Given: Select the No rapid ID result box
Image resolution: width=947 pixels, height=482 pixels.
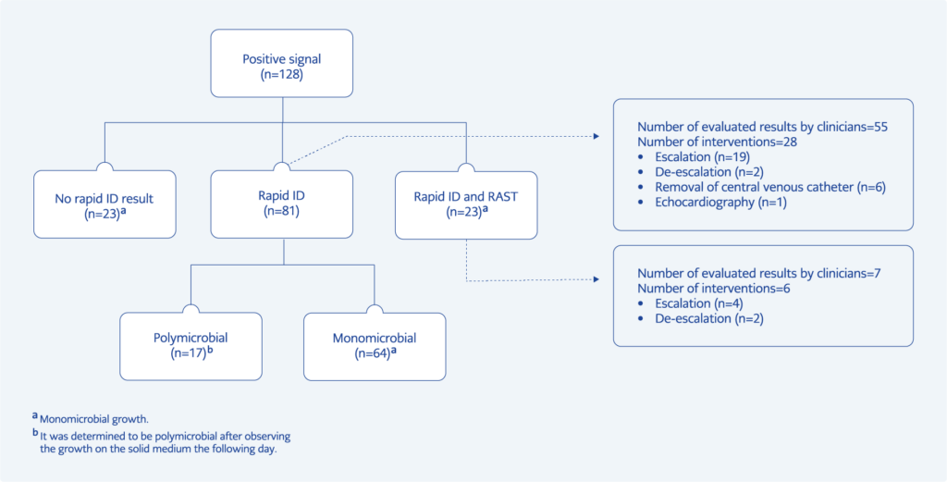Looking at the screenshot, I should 105,204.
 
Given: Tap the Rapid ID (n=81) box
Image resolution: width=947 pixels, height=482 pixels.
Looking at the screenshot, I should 283,204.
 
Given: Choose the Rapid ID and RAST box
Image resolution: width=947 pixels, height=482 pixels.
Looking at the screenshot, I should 465,204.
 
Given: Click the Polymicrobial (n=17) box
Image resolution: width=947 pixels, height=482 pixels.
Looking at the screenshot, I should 191,346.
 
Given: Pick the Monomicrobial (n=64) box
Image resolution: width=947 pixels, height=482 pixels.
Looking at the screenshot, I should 374,346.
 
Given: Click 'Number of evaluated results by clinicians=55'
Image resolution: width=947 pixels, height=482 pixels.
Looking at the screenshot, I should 763,127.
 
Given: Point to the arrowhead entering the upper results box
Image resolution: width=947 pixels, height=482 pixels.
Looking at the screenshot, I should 596,136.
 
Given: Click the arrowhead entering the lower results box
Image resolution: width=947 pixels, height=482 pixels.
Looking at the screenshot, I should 596,280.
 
